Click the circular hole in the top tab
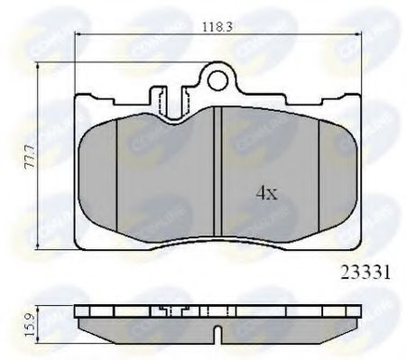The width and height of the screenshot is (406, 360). [217, 81]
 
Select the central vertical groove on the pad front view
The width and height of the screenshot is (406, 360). [219, 171]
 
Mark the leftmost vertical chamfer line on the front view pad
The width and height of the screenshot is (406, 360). [118, 171]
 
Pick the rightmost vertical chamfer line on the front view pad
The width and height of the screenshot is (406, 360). [321, 171]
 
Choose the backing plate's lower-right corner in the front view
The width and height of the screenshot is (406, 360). [361, 244]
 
